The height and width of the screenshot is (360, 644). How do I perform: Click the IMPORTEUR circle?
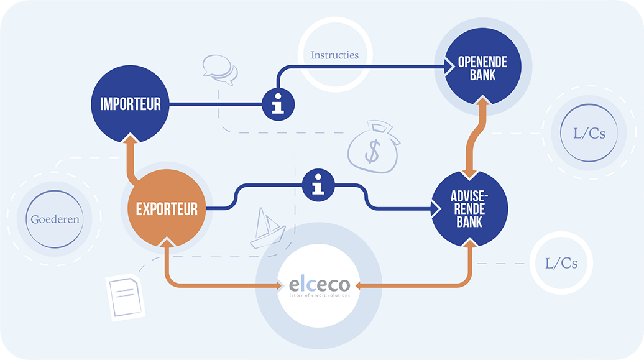point(130,104)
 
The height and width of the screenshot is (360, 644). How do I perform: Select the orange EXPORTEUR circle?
point(167,208)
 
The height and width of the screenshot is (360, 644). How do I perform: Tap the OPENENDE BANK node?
point(482,66)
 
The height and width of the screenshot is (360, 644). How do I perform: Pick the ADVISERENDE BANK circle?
point(469,209)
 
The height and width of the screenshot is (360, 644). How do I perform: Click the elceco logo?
point(319,285)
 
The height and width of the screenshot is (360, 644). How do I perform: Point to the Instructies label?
point(334,55)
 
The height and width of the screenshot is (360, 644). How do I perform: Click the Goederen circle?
point(55,219)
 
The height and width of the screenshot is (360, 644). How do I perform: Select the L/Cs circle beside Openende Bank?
point(589,132)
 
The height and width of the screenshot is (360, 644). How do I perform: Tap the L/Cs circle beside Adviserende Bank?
point(561,263)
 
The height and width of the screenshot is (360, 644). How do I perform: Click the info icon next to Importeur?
point(278,104)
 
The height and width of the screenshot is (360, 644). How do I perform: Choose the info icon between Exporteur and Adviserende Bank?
point(318,185)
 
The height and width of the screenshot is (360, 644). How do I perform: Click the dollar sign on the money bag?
point(372,151)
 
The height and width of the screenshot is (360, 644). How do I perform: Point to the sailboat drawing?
point(267,228)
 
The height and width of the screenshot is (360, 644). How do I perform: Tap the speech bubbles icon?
point(220,70)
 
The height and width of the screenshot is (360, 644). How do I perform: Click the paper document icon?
point(126,297)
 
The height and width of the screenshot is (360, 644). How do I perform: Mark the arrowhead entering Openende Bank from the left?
point(449,67)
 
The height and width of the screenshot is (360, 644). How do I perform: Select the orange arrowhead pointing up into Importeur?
point(130,138)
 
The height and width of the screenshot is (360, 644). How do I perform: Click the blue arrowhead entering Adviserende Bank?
point(436,209)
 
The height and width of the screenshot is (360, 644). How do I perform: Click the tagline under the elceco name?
point(320,295)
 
